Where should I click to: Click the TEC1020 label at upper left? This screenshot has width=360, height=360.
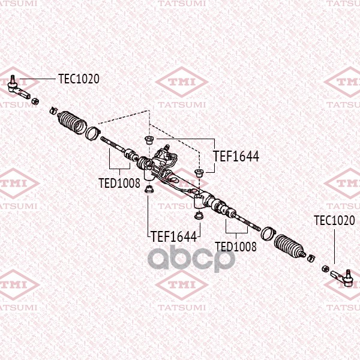coord(79,79)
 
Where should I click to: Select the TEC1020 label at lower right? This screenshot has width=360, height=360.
coord(334,220)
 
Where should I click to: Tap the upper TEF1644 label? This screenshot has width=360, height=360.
coord(236,156)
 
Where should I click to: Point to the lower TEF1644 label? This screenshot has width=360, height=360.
coord(174,236)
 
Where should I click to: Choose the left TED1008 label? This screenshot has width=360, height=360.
coord(119,183)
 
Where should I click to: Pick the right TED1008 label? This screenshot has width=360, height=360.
coord(236,247)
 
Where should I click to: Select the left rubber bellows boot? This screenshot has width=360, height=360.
coord(72,122)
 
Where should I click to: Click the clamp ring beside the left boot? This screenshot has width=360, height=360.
coord(92,133)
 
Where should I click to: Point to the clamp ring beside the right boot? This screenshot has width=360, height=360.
coord(268,233)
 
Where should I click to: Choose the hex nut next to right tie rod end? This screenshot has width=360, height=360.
coord(325,268)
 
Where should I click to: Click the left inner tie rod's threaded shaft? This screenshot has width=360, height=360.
coord(113,145)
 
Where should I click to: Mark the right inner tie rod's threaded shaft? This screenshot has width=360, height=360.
coord(247,222)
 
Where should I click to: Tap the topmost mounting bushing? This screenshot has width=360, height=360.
coord(149,140)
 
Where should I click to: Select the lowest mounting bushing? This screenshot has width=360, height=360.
coord(199,215)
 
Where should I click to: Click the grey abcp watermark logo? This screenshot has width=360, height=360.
coord(191,258)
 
